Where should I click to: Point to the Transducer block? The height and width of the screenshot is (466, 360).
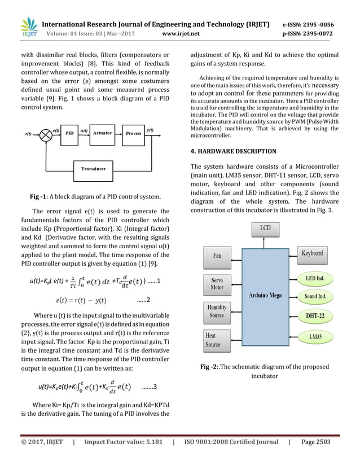(x=93, y=168)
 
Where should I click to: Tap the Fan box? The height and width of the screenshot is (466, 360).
(x=217, y=256)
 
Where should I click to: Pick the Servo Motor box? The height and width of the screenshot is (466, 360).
(x=217, y=284)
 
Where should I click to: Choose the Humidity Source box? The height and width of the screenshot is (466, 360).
(x=217, y=311)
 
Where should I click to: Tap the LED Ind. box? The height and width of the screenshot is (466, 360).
(x=315, y=278)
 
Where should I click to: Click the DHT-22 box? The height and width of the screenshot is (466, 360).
(x=315, y=316)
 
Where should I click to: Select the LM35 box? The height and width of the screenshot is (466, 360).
(x=315, y=337)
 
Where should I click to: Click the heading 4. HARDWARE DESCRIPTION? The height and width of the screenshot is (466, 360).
(x=234, y=151)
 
